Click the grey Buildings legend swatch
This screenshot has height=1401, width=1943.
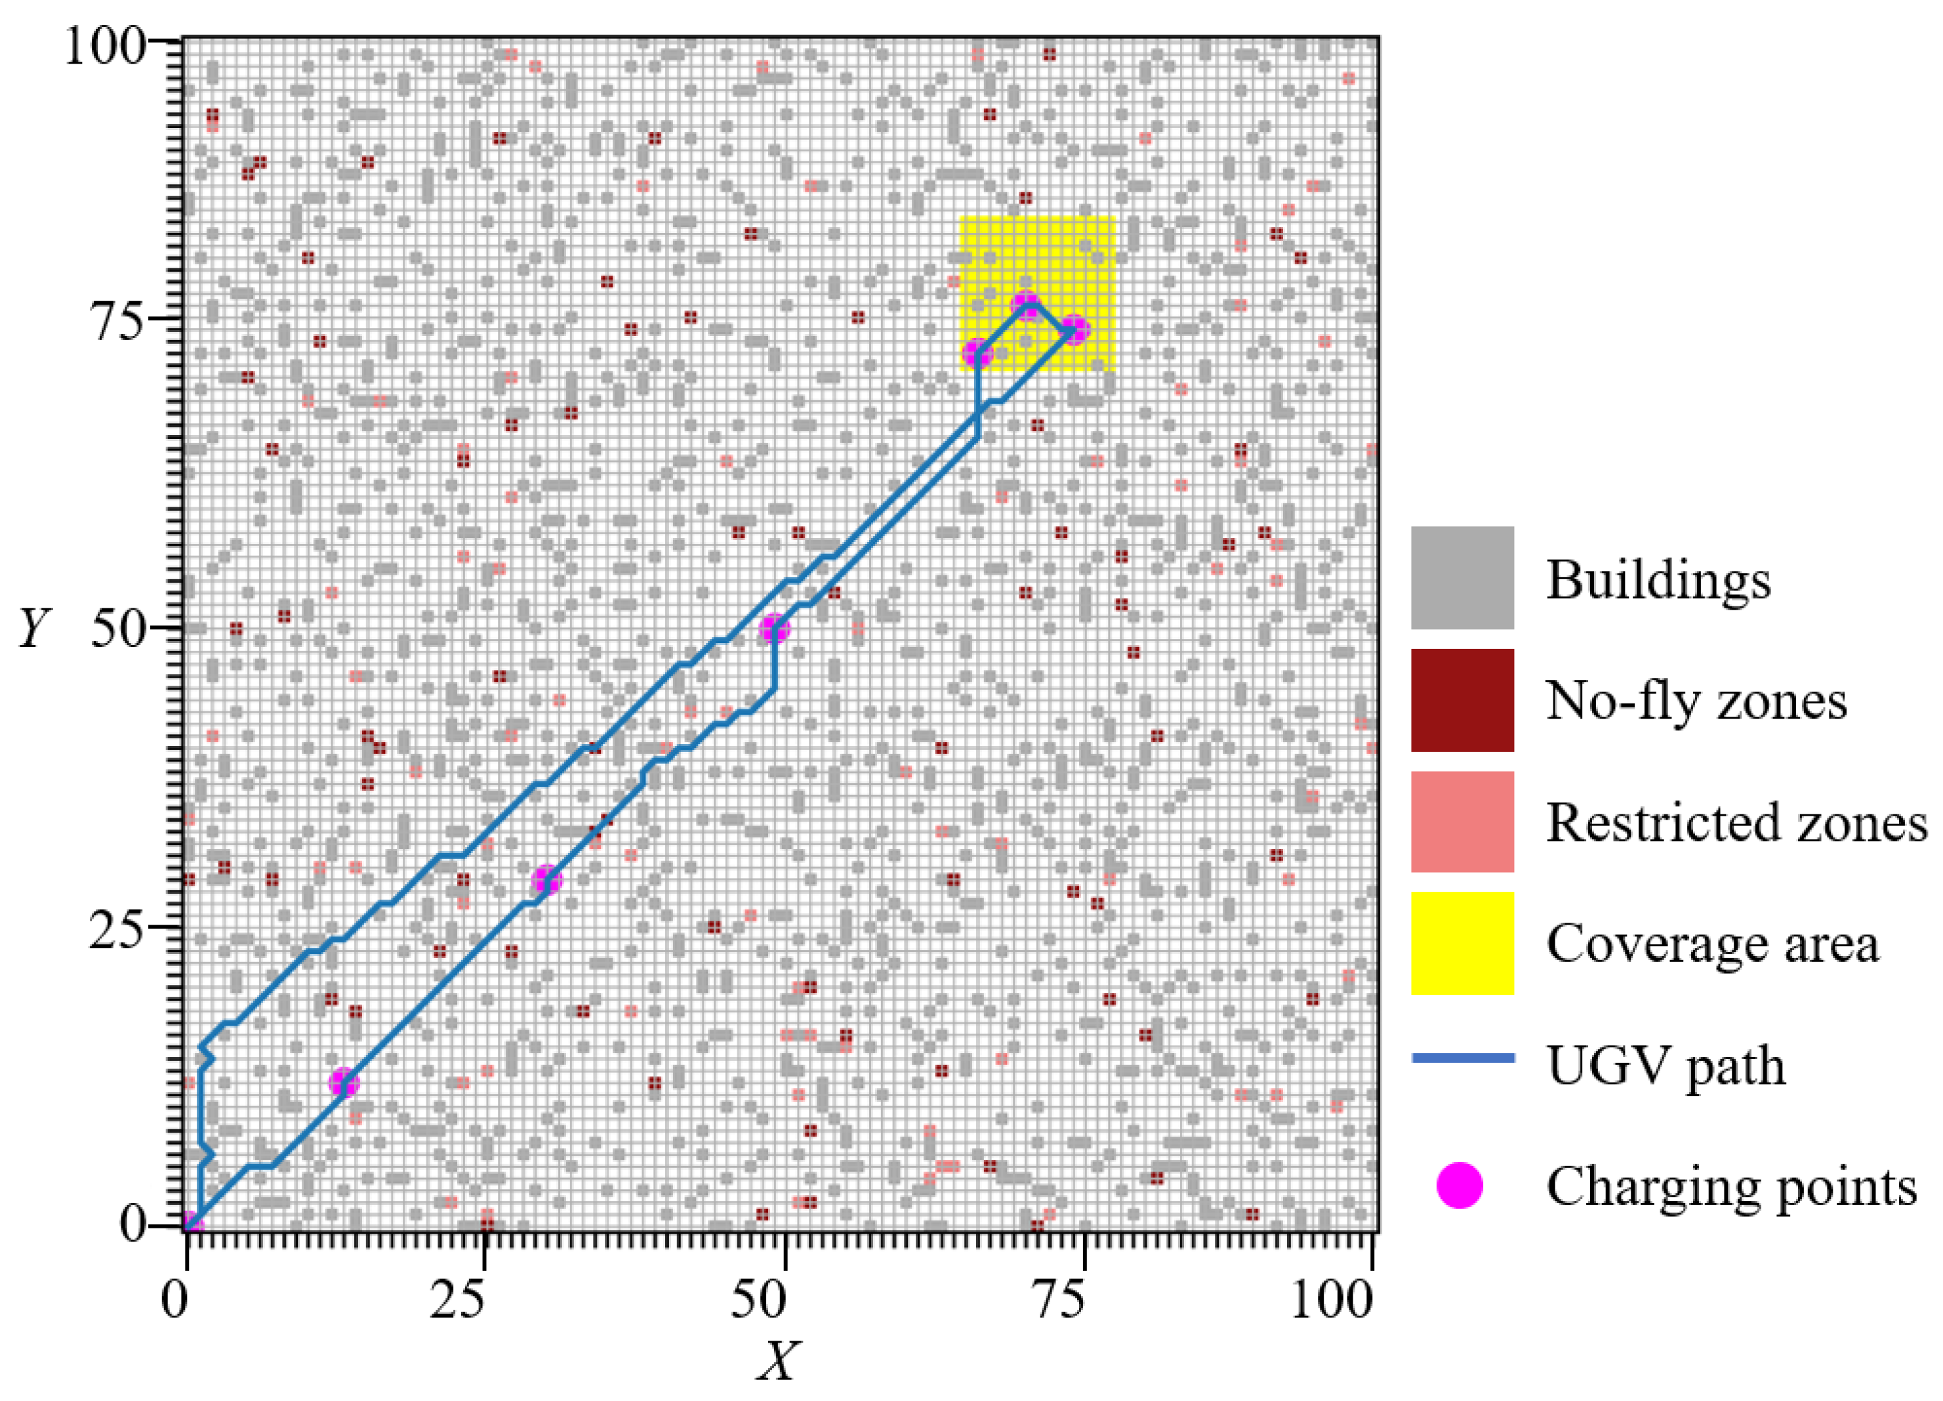pyautogui.click(x=1462, y=577)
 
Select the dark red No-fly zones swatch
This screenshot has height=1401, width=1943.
pyautogui.click(x=1462, y=700)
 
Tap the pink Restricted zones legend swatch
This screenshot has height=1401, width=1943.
pyautogui.click(x=1462, y=821)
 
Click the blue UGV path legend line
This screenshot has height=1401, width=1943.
pyautogui.click(x=1462, y=1058)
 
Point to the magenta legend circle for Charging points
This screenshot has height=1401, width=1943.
pyautogui.click(x=1459, y=1186)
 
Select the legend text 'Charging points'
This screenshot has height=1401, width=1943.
pyautogui.click(x=1731, y=1187)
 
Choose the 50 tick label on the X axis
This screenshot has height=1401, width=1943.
pyautogui.click(x=759, y=1300)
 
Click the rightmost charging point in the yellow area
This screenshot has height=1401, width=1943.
pyautogui.click(x=1074, y=329)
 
